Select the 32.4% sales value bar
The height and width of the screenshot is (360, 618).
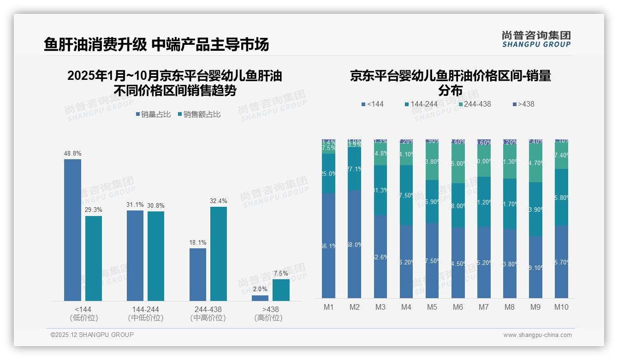tap(219, 254)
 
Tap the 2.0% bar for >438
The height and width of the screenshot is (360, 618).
tap(260, 298)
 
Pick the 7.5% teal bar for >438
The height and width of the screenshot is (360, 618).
tap(281, 290)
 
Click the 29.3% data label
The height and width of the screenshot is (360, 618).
tap(94, 210)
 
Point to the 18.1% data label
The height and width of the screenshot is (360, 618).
tap(198, 242)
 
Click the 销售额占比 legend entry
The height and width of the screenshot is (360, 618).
tap(199, 114)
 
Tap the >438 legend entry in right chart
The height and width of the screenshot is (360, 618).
tap(523, 104)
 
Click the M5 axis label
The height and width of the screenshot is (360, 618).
tap(432, 307)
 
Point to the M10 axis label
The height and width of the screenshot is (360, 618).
tap(561, 307)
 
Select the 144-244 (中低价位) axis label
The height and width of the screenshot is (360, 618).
tap(145, 313)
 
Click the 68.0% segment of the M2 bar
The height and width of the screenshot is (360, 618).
tap(355, 244)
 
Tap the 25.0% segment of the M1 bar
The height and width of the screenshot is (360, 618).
tap(329, 174)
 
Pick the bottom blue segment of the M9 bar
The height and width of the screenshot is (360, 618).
tap(535, 267)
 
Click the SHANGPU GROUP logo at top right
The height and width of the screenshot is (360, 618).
tap(536, 39)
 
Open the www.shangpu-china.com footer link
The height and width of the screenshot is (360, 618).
tap(537, 335)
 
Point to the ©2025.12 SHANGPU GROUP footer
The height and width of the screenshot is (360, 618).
tap(92, 335)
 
